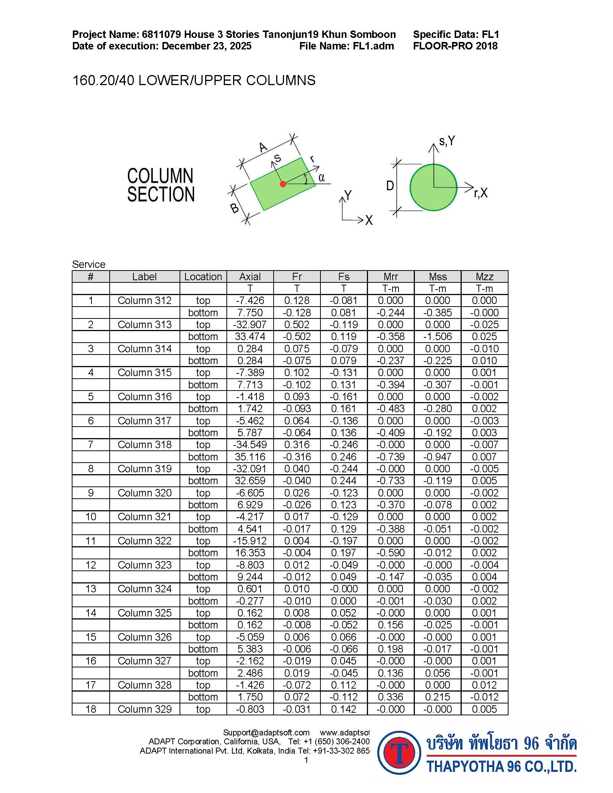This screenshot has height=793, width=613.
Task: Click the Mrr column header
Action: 390,276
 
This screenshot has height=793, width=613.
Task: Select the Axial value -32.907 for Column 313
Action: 250,324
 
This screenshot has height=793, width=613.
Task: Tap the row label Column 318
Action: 144,444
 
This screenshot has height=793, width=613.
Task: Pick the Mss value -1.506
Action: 437,336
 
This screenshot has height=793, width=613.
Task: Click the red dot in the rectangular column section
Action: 283,184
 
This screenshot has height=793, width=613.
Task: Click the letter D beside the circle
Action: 390,185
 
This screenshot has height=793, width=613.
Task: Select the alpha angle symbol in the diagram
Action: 322,178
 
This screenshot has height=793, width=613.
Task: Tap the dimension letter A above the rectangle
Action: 263,148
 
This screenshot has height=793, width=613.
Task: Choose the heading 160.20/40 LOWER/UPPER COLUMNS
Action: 194,80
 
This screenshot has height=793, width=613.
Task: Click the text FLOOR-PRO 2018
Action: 455,46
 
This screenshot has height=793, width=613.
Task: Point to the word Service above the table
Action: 88,264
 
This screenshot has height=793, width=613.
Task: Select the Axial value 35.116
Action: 250,457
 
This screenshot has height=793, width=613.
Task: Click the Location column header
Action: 203,276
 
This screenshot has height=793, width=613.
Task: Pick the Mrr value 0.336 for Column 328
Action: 390,697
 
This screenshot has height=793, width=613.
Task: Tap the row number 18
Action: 91,709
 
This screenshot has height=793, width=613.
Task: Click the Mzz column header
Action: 484,276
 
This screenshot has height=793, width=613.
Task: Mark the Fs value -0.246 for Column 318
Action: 343,444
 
